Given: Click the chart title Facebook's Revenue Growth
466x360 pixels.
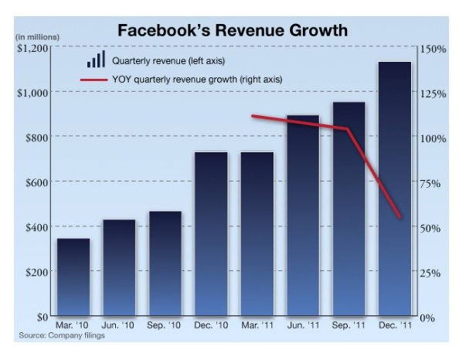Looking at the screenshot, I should (232, 31).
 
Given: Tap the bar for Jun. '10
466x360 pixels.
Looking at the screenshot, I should (119, 266).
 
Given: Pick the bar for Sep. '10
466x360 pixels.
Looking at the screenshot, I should (165, 262).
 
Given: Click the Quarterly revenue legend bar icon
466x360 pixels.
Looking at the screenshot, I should (96, 59).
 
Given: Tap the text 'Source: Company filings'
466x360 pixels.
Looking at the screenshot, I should (61, 336).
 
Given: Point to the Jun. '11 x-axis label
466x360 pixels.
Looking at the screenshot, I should (303, 326).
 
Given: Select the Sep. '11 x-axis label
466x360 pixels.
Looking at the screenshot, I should (349, 326).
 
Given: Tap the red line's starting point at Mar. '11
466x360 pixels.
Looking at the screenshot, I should (253, 117).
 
